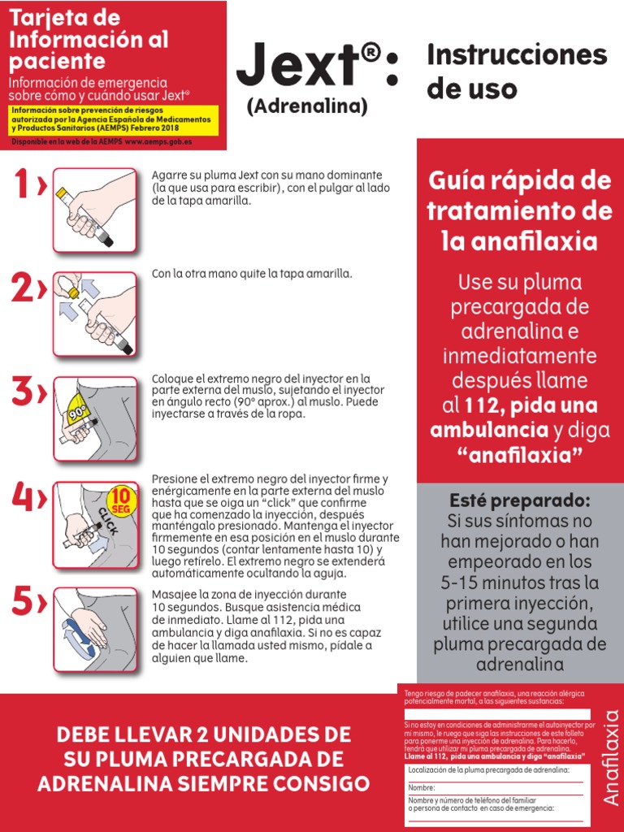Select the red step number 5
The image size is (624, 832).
[x=24, y=602]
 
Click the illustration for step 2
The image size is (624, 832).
[x=94, y=314]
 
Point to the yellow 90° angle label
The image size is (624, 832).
[x=78, y=411]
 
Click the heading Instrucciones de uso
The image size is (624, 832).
[x=517, y=71]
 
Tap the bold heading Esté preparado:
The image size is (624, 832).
[x=520, y=499]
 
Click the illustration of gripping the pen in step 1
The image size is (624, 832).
[x=94, y=208]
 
